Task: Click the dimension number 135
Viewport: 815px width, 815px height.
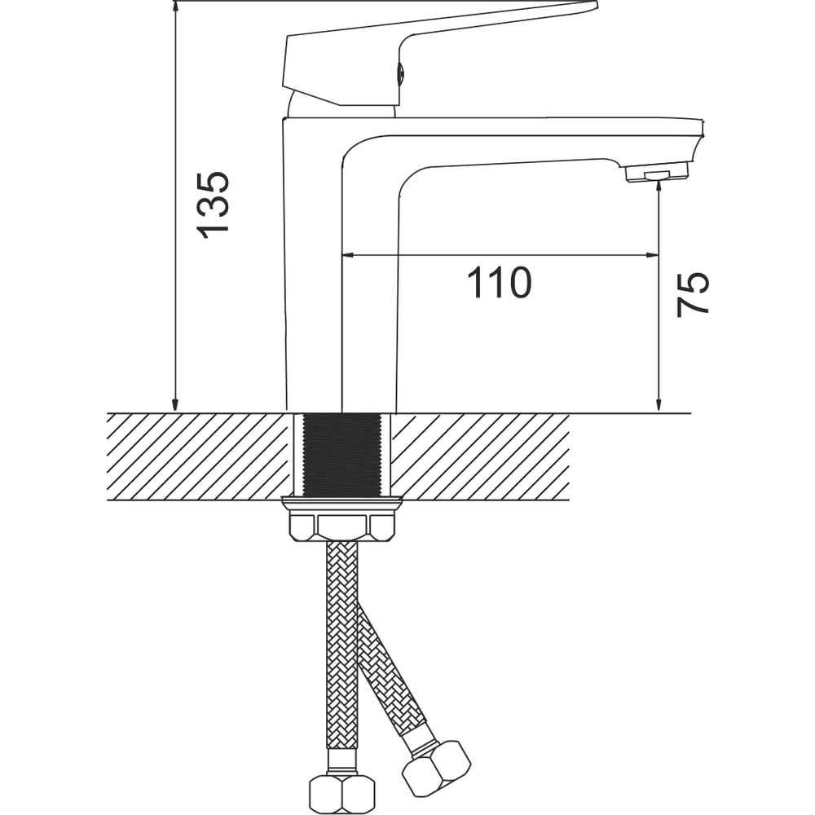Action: (213, 205)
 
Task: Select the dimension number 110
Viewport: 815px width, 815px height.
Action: (499, 284)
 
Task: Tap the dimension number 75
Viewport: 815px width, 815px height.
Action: (692, 294)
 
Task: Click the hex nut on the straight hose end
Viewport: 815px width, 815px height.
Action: (342, 795)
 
